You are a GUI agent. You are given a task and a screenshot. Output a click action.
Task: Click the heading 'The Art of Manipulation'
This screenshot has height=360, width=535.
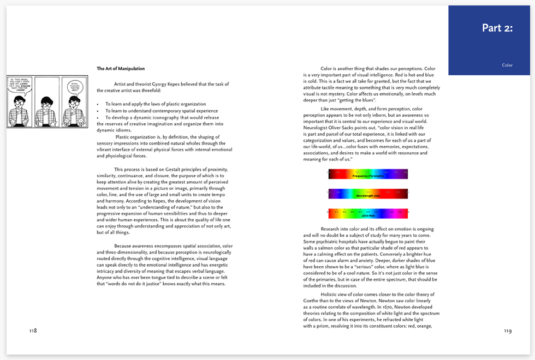point(121,69)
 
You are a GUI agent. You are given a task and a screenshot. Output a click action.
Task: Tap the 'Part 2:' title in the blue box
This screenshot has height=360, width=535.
point(497,28)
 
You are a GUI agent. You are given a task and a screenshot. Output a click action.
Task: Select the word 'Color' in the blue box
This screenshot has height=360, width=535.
point(507,65)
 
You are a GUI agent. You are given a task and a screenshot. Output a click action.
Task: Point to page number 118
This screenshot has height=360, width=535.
point(33,331)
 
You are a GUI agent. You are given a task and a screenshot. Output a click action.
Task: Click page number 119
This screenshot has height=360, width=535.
point(508,331)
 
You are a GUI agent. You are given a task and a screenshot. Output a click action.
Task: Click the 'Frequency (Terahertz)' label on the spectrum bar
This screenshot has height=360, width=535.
point(368,176)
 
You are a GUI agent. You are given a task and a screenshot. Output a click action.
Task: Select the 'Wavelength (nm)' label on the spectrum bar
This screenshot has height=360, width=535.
point(368,195)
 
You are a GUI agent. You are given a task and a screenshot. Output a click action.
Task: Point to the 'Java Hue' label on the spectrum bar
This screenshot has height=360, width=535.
point(368,215)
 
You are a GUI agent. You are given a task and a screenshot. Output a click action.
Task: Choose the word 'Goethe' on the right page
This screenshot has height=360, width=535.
point(312,301)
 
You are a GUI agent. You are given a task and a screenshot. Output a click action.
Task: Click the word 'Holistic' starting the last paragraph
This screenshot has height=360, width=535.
point(330,294)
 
